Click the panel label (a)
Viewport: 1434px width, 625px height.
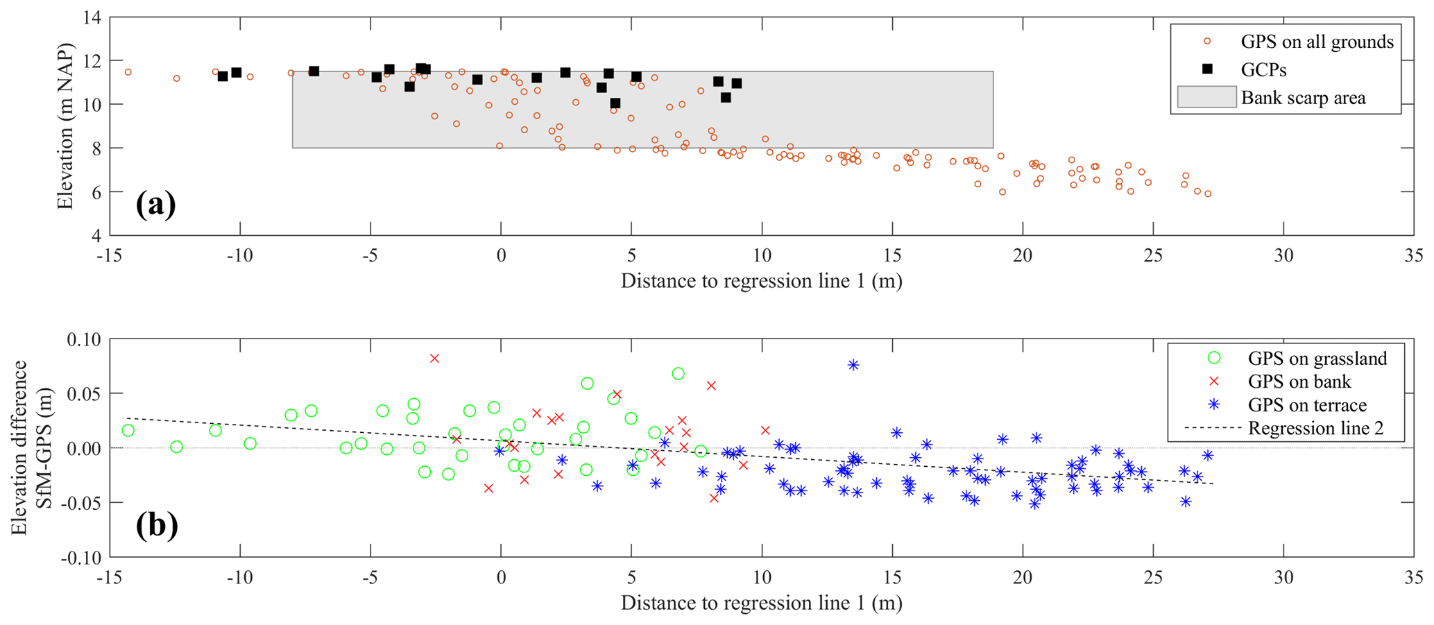pyautogui.click(x=155, y=205)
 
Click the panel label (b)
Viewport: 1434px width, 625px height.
pyautogui.click(x=157, y=526)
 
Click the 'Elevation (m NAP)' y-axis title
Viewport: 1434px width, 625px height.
pyautogui.click(x=66, y=126)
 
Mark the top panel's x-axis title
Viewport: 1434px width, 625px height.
pyautogui.click(x=761, y=281)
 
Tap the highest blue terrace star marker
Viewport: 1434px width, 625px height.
pyautogui.click(x=853, y=365)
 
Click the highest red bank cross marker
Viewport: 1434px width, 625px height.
pyautogui.click(x=434, y=359)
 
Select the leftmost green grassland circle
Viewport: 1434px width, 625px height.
pyautogui.click(x=128, y=431)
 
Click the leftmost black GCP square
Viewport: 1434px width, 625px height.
pyautogui.click(x=223, y=76)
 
